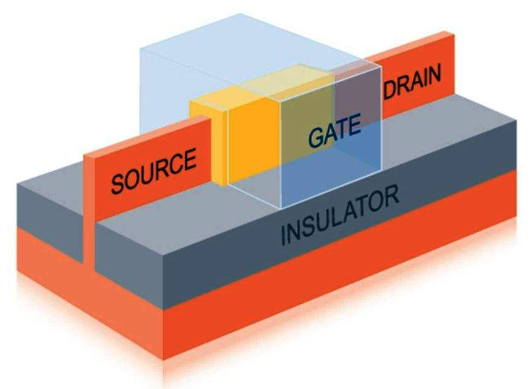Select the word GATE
click(x=334, y=132)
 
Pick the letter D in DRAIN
click(x=390, y=92)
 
